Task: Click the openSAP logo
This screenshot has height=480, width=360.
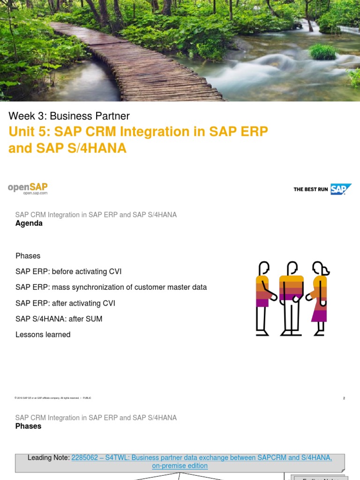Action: coord(28,188)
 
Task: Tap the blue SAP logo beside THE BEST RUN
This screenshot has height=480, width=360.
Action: coord(341,189)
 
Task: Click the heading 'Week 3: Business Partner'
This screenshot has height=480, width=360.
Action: coord(69,116)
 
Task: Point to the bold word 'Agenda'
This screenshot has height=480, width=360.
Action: coord(29,224)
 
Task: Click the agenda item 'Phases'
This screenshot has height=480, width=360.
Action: coord(28,256)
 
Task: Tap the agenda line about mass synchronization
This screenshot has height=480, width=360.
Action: coord(111,287)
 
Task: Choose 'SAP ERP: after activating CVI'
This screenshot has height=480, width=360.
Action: coord(65,303)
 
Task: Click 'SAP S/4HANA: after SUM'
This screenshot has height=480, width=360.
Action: coord(59,319)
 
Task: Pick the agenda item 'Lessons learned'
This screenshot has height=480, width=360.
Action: coord(43,335)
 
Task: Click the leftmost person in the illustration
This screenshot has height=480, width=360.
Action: coord(264,298)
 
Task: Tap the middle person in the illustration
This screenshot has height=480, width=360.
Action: coord(292,298)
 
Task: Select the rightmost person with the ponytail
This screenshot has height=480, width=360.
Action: coord(319,298)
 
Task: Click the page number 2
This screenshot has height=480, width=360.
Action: coord(344,398)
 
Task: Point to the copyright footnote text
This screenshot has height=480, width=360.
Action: coord(53,398)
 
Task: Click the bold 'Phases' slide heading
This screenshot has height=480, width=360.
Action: coord(29,426)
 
